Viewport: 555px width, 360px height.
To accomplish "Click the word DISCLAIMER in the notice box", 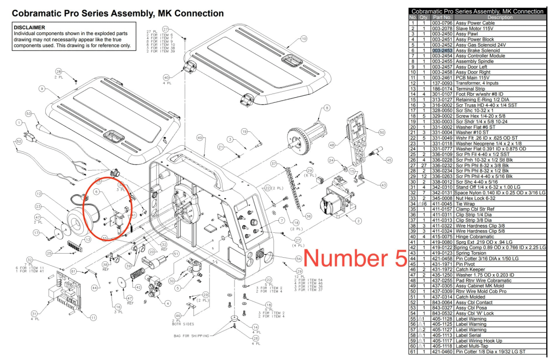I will click(29, 28).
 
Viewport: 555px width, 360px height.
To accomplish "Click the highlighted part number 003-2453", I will click(443, 50).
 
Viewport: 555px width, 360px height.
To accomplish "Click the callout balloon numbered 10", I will click(304, 39).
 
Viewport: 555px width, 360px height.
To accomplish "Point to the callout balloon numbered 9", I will click(42, 88).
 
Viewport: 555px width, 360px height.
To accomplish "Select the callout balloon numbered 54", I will click(298, 258).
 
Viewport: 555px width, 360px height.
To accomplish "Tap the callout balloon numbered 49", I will click(199, 138).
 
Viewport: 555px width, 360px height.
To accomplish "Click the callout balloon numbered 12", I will click(39, 193).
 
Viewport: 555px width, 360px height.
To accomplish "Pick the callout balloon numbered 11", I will click(94, 317).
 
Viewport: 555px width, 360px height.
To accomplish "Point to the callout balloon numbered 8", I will click(327, 108).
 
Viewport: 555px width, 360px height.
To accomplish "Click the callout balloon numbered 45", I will click(389, 160).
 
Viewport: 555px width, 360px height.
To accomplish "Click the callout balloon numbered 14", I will click(256, 328).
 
